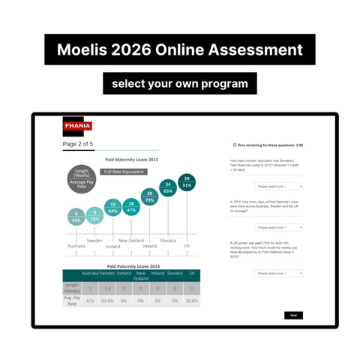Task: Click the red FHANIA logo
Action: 76,127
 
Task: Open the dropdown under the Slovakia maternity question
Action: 279,185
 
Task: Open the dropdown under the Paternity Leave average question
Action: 279,226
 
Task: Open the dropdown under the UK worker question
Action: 279,273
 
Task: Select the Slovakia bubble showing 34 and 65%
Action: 168,188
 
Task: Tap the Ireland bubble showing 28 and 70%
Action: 149,197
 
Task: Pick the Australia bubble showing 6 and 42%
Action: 76,217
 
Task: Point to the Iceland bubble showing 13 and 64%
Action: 112,208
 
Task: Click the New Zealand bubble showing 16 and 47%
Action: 130,207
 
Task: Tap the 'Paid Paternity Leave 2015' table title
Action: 133,266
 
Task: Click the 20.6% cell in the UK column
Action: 192,300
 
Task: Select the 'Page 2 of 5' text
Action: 78,143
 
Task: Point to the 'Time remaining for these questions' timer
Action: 268,145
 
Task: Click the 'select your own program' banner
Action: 179,82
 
